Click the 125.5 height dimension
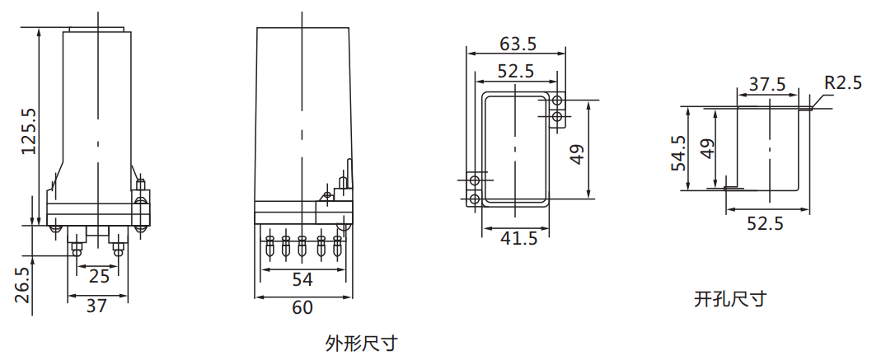pyautogui.click(x=28, y=131)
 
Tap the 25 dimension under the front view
pyautogui.click(x=98, y=275)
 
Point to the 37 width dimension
pyautogui.click(x=96, y=306)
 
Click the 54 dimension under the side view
pyautogui.click(x=302, y=279)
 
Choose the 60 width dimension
pyautogui.click(x=302, y=308)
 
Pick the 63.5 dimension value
pyautogui.click(x=518, y=43)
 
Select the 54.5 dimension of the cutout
pyautogui.click(x=678, y=152)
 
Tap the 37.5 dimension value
pyautogui.click(x=767, y=84)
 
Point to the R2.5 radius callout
pyautogui.click(x=842, y=82)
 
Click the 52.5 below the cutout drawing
pyautogui.click(x=766, y=223)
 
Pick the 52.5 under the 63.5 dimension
pyautogui.click(x=516, y=72)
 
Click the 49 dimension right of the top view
pyautogui.click(x=576, y=154)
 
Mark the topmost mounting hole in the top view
pyautogui.click(x=558, y=101)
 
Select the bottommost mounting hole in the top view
pyautogui.click(x=474, y=199)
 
